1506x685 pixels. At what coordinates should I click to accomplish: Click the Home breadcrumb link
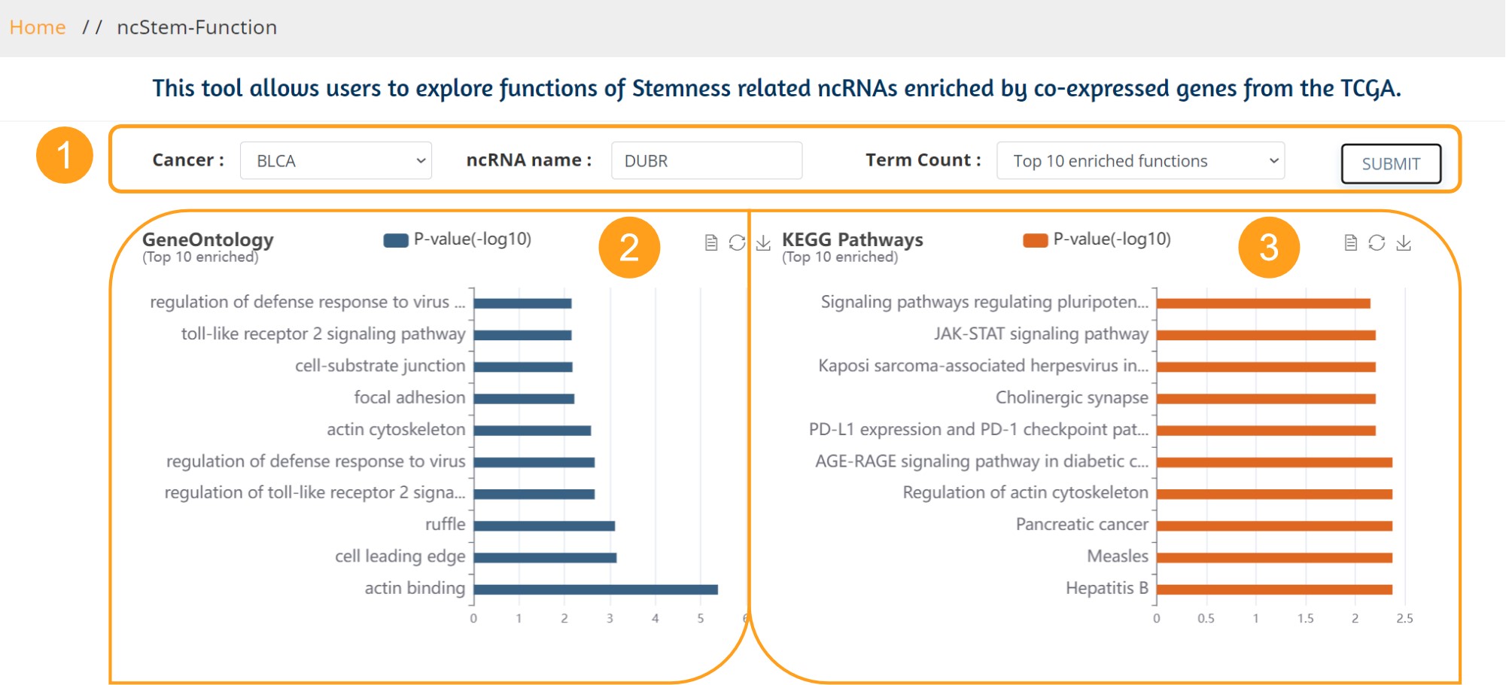(x=38, y=28)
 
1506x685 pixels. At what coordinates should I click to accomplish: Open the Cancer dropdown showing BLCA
(x=336, y=160)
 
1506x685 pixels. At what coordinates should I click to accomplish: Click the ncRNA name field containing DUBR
(x=707, y=160)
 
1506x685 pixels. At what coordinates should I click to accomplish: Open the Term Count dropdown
(x=1140, y=160)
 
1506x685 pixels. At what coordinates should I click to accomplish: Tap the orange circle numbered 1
(x=65, y=155)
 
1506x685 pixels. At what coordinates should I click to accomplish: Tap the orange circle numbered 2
(x=629, y=248)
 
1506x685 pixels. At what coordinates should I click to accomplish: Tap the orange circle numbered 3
(x=1269, y=248)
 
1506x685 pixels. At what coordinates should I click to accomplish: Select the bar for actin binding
(x=595, y=589)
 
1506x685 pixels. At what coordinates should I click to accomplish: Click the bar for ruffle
(x=544, y=526)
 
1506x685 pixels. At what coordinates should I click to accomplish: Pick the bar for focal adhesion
(x=524, y=399)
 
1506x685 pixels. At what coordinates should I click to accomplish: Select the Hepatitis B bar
(x=1274, y=589)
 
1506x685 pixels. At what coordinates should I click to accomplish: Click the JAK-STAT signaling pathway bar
(x=1266, y=335)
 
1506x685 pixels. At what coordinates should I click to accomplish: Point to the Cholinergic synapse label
(x=1072, y=397)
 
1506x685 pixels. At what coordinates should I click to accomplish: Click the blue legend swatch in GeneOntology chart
(x=396, y=240)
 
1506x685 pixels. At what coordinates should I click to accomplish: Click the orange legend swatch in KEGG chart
(x=1036, y=240)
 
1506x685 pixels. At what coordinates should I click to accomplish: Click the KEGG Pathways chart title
(x=852, y=239)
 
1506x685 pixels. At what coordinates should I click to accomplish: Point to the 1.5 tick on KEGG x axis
(x=1305, y=619)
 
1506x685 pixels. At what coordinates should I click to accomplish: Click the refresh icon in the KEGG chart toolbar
(x=1377, y=242)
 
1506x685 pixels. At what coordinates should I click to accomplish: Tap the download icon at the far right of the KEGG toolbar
(x=1404, y=242)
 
